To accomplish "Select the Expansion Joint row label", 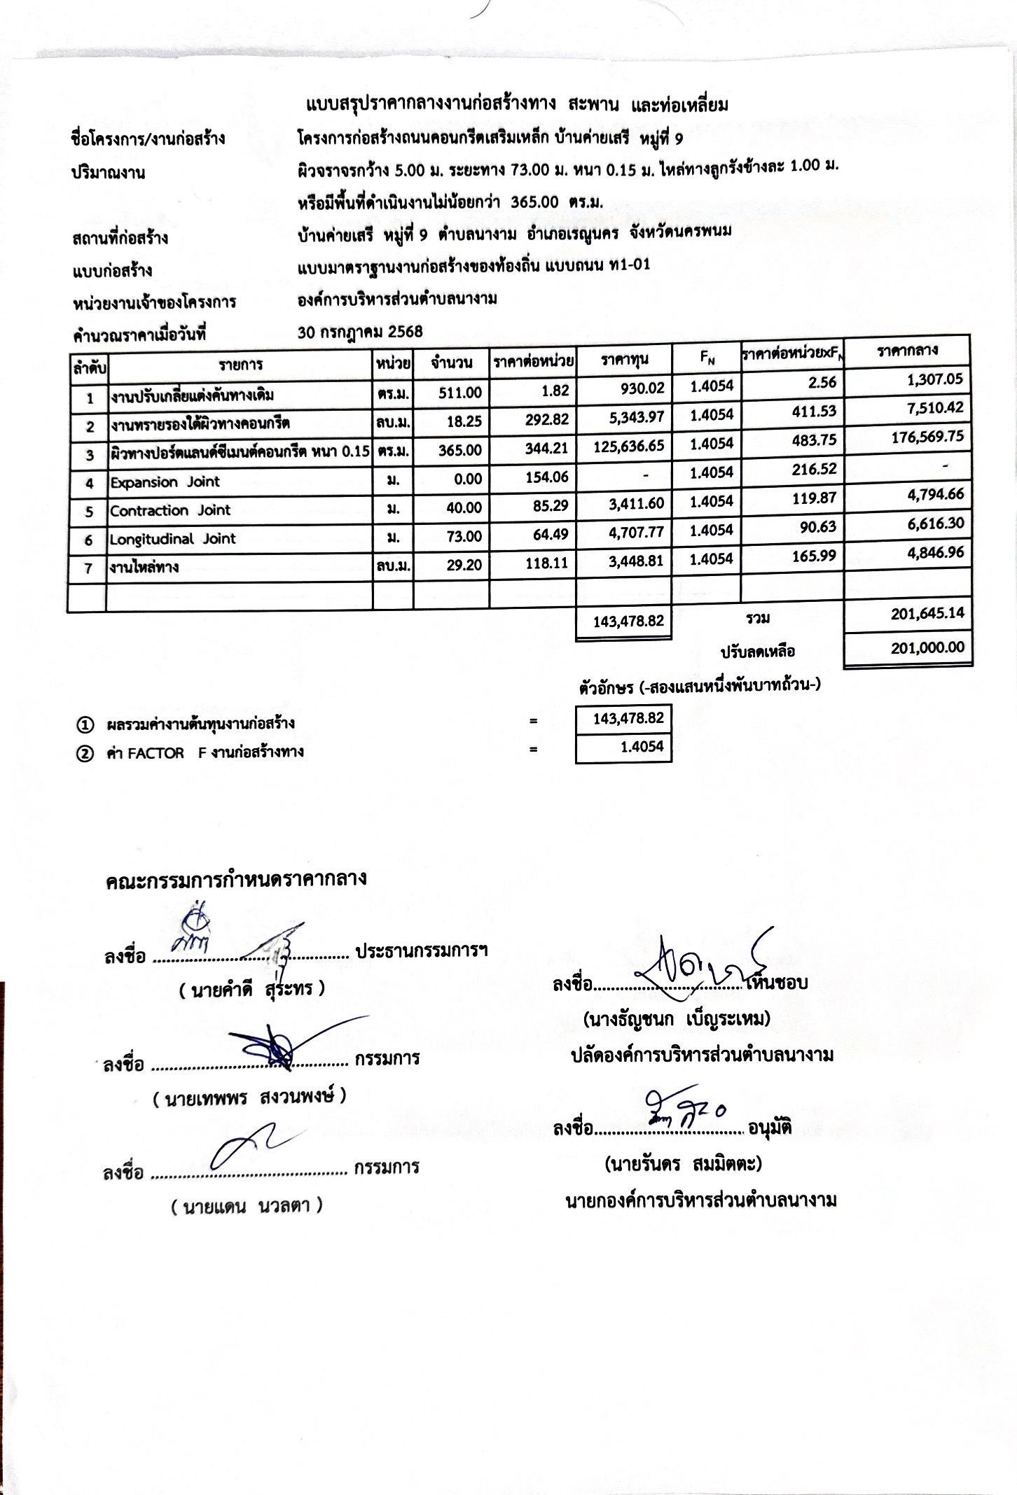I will point(165,482).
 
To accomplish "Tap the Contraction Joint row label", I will point(169,510).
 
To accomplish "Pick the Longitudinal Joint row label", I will point(172,539).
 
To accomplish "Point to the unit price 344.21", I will point(546,449).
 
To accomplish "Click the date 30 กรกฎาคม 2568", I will point(360,332).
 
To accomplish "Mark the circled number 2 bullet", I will point(85,753).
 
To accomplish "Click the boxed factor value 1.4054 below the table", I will point(642,747).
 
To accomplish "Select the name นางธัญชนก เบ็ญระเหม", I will point(677,1018).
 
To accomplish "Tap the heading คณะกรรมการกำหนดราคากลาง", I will point(236,880).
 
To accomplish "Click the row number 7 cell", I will point(88,568).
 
